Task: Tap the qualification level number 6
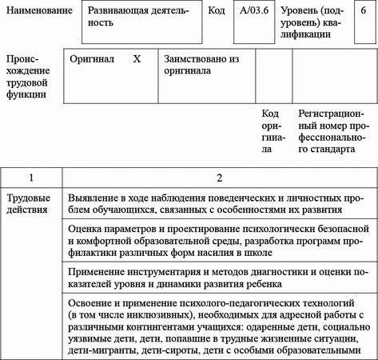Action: click(364, 14)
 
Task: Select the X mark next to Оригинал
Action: click(136, 59)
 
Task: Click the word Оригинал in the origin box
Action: click(92, 59)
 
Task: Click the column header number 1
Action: click(30, 176)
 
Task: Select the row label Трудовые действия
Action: click(29, 203)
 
